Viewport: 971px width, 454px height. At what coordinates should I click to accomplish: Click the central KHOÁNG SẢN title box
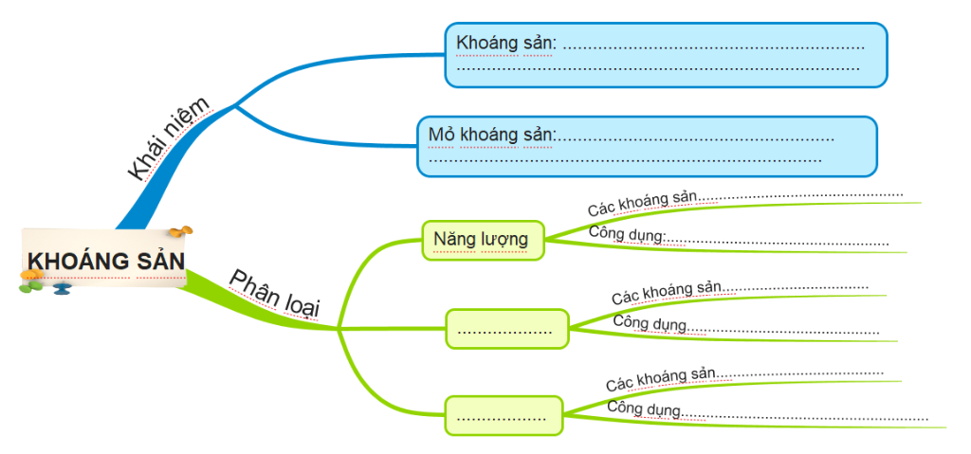tap(104, 260)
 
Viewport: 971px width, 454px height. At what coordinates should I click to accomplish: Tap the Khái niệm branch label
tap(168, 138)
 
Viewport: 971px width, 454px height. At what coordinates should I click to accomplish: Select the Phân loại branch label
tap(275, 292)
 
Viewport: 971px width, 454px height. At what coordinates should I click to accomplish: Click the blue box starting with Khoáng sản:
tap(666, 55)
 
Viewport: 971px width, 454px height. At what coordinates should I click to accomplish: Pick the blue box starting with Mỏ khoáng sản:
tap(647, 146)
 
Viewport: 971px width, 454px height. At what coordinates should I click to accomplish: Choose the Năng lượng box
tap(483, 240)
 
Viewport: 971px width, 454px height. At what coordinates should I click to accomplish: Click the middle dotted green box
tap(506, 329)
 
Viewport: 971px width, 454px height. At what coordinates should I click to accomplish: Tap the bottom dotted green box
tap(503, 415)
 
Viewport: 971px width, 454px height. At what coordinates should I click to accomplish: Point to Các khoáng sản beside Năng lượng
tap(642, 202)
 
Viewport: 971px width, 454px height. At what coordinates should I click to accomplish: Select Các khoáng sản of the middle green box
tap(667, 292)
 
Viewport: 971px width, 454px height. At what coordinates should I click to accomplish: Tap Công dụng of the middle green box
tap(649, 323)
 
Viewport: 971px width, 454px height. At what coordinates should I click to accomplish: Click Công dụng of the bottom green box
tap(644, 409)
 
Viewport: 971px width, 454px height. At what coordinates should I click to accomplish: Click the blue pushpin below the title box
tap(62, 287)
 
